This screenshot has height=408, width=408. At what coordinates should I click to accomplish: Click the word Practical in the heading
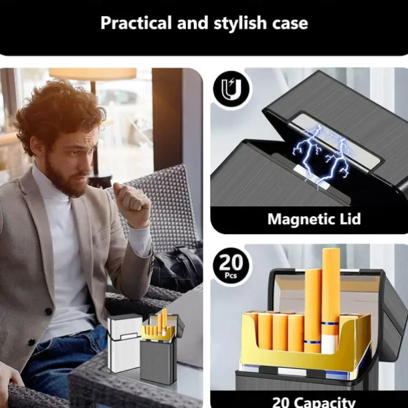136,23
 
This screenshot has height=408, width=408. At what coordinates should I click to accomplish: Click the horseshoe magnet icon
231,90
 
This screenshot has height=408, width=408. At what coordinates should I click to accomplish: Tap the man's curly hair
59,112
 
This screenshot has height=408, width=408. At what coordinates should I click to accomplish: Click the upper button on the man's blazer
48,311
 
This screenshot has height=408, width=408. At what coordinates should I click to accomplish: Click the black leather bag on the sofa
177,268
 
